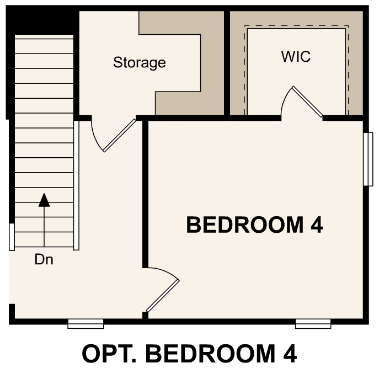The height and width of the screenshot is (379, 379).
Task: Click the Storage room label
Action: pos(139,62)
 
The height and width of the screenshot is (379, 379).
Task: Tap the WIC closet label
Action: pos(296,56)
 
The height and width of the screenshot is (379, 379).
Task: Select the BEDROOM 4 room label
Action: pos(254,225)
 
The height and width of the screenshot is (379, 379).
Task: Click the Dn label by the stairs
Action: pos(44,259)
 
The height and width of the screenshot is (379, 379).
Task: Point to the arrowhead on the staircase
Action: pos(44,199)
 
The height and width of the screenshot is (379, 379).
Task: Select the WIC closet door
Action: pos(307,102)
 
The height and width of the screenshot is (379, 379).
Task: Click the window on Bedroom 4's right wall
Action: pos(368,159)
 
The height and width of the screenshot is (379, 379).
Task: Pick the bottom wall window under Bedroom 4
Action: pos(313,324)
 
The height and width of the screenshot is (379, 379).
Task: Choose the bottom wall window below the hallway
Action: pos(86,324)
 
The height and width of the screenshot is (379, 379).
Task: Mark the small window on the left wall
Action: pos(12,237)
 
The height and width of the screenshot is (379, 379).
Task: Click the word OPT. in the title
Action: pos(106,354)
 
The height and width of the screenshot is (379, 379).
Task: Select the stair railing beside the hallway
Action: pos(77,185)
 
